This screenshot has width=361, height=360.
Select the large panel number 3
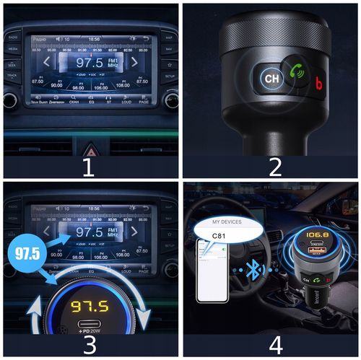pyautogui.click(x=90, y=343)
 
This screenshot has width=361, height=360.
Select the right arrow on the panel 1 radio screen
pyautogui.click(x=134, y=62)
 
